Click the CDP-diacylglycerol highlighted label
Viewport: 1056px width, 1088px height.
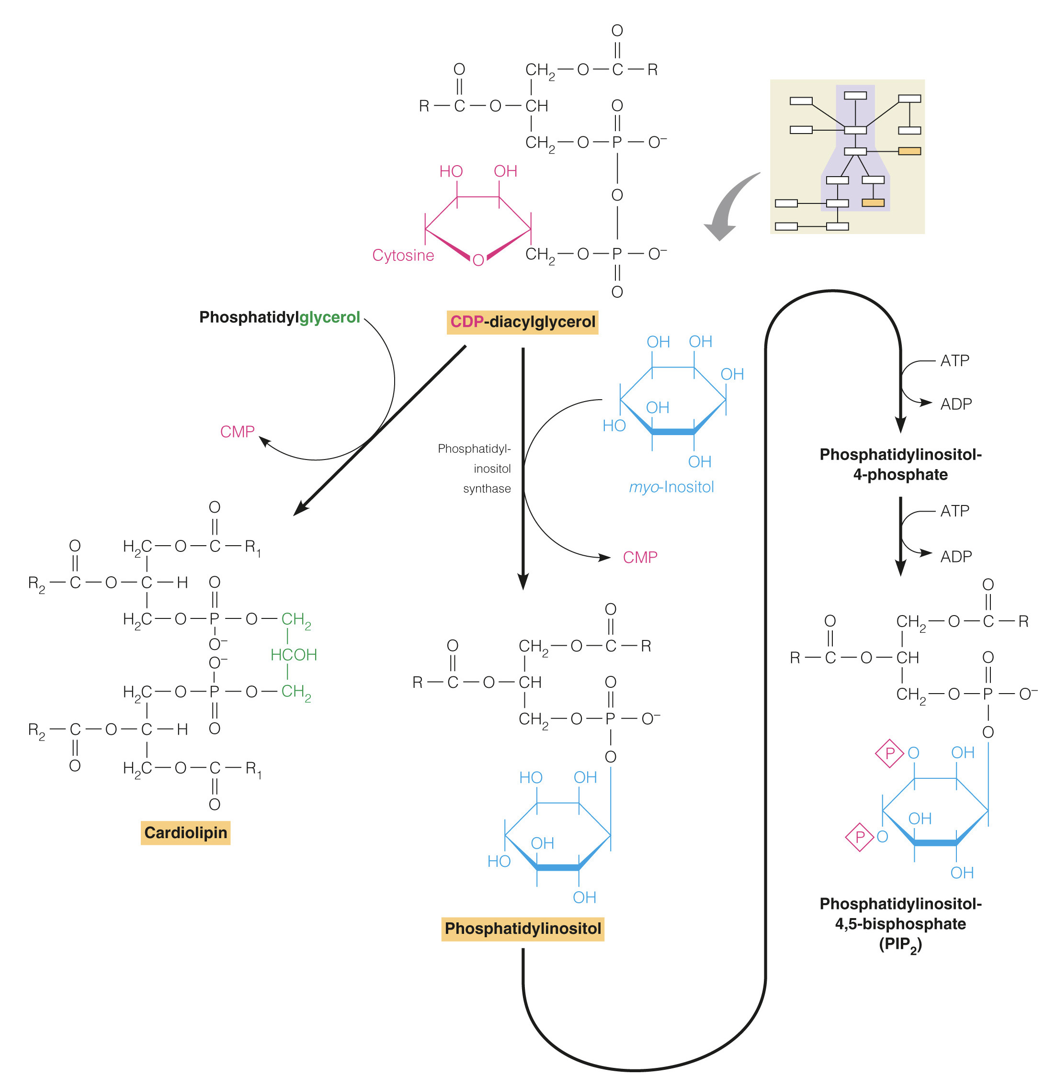coord(522,322)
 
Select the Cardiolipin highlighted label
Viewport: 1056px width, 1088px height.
coord(185,833)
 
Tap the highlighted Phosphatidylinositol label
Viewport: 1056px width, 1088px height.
coord(522,929)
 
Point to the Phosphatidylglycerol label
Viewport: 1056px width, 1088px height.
coord(279,317)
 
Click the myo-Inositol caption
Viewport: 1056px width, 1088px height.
coord(671,487)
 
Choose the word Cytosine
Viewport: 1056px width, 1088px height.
coord(403,255)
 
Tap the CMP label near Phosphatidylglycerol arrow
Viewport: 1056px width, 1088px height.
coord(237,432)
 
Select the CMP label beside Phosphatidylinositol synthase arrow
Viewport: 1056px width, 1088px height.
coord(640,557)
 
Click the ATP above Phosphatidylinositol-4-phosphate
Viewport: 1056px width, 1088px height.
coord(954,361)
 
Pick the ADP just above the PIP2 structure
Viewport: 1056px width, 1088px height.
coord(955,557)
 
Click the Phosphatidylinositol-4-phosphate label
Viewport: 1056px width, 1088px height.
coord(900,465)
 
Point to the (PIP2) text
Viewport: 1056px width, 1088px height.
coord(900,944)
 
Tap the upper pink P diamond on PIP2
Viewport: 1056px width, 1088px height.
coord(889,753)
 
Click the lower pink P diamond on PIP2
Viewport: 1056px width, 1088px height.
coord(859,837)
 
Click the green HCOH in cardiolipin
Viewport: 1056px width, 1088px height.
coord(293,655)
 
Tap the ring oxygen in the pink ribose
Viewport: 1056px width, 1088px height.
coord(478,260)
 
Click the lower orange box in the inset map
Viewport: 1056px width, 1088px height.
coord(873,202)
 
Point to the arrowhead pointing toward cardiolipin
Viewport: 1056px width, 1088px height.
coord(300,508)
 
